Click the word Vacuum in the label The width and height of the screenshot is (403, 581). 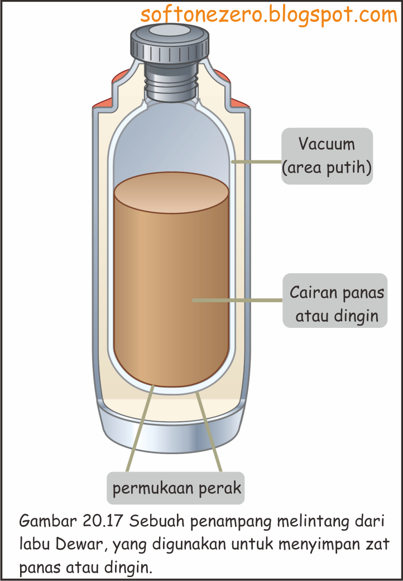(327, 144)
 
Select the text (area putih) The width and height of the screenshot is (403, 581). (327, 167)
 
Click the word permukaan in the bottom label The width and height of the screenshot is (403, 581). (148, 488)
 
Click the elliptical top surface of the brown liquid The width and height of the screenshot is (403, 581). (171, 193)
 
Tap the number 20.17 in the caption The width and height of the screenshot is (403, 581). (103, 522)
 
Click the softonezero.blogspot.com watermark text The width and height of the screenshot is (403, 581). (269, 15)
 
